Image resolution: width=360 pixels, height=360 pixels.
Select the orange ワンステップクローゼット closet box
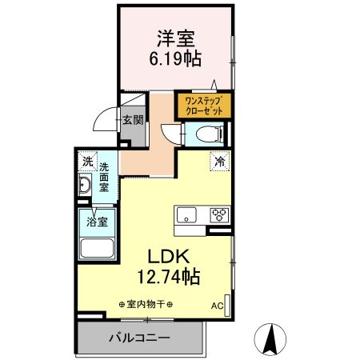point(202,106)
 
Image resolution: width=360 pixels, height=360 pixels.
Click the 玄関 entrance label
point(133,122)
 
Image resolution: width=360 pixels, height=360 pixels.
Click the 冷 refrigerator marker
point(218,160)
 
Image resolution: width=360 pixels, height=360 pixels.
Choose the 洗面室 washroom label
point(104,177)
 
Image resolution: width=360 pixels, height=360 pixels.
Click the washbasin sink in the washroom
point(85,187)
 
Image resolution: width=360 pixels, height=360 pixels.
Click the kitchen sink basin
point(186,214)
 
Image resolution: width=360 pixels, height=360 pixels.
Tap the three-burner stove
point(218,214)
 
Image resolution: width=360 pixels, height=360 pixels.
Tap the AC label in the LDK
point(216,306)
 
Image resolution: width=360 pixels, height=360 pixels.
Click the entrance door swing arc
point(105,120)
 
